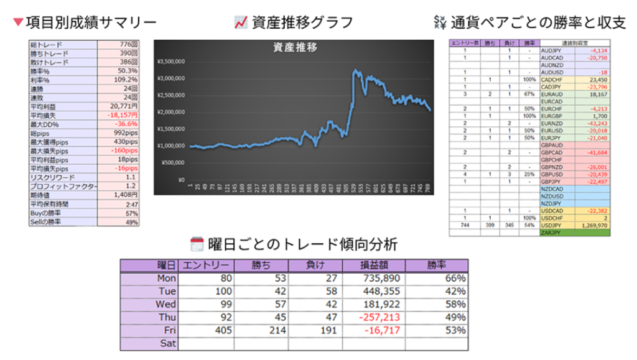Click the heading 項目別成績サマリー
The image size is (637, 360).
click(91, 22)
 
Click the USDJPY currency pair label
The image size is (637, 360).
click(551, 224)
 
